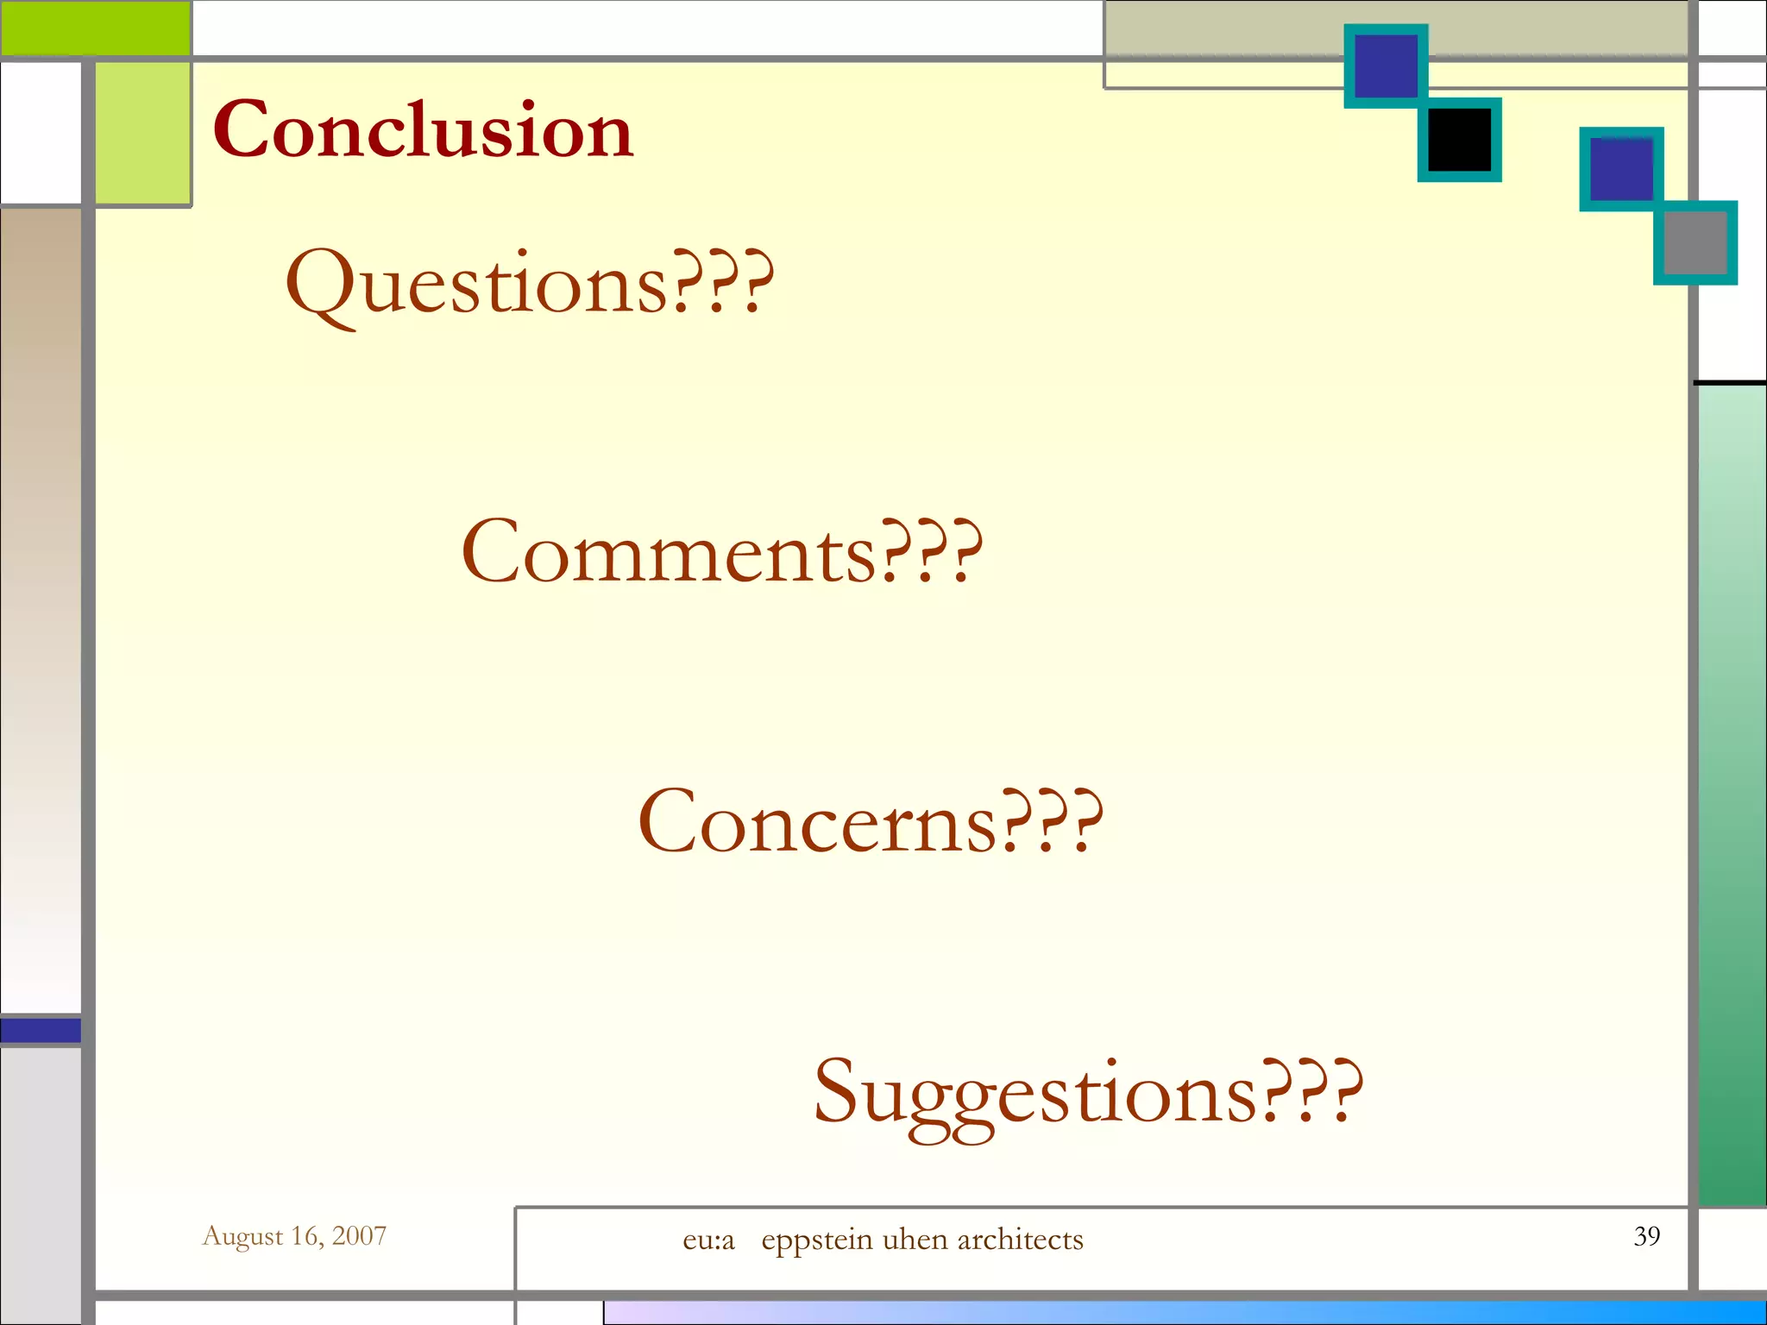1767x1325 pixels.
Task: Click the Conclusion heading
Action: [423, 129]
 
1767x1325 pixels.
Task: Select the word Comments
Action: [669, 552]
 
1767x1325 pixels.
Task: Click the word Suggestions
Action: [1034, 1092]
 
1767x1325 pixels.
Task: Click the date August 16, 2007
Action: [294, 1235]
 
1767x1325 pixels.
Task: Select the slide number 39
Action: [1646, 1235]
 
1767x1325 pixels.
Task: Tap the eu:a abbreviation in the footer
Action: [708, 1240]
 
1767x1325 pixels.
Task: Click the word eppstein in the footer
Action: [817, 1240]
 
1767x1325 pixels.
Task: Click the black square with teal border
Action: [1459, 140]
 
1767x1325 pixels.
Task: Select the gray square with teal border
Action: [1695, 242]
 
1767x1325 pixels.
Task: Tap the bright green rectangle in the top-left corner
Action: [95, 28]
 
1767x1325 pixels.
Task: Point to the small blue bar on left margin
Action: [41, 1030]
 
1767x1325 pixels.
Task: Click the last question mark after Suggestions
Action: [1348, 1092]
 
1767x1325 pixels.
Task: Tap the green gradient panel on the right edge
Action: [1732, 794]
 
